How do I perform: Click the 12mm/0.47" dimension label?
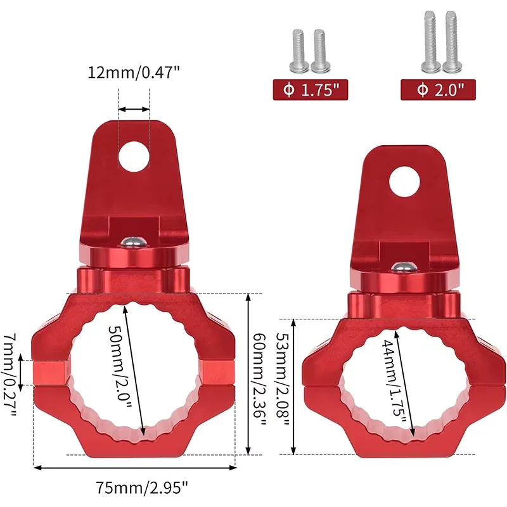pos(133,72)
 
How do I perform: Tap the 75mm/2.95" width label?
pos(142,487)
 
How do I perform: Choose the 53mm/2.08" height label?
pos(282,379)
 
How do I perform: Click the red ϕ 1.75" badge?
pos(311,89)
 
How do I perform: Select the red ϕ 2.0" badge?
pos(438,89)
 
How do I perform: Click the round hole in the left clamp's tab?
pos(134,157)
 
